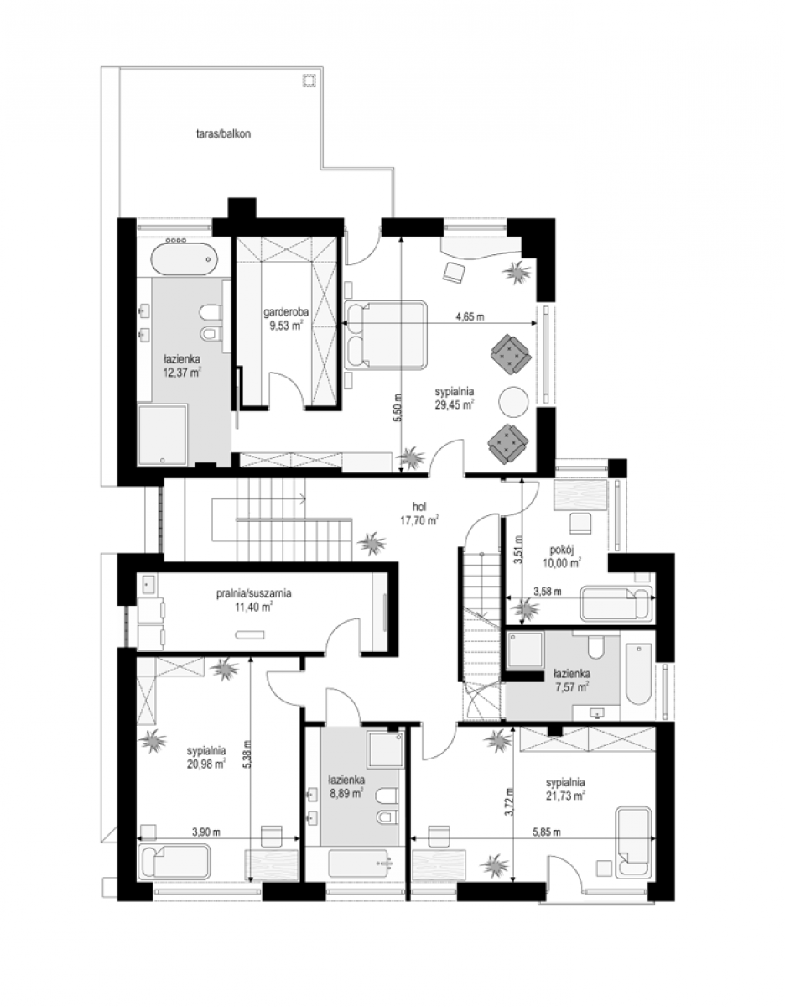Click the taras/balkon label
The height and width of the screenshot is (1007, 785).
click(222, 134)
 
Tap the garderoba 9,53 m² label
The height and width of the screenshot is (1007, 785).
click(286, 318)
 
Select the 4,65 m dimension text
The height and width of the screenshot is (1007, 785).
click(470, 317)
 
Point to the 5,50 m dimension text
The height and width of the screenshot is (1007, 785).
click(397, 408)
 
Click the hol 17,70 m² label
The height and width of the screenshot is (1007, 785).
click(419, 514)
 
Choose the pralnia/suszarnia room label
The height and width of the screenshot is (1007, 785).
click(254, 599)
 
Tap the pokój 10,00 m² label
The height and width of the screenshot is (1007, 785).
click(562, 556)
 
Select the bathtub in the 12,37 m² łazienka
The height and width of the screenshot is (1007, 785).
click(184, 260)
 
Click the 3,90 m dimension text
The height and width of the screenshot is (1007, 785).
click(206, 832)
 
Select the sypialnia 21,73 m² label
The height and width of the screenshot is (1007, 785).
click(565, 790)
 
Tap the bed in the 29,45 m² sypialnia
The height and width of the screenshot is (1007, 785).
click(385, 335)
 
